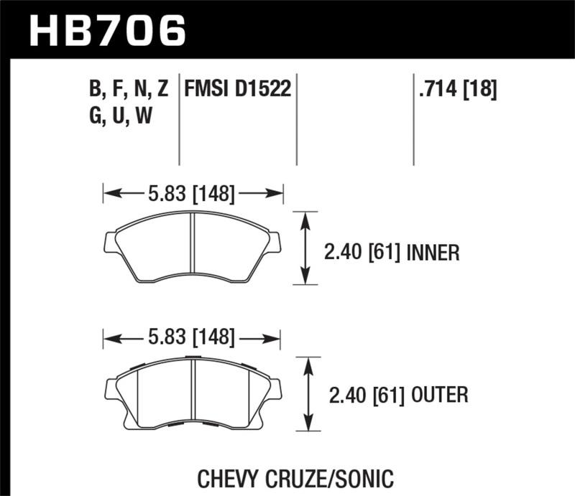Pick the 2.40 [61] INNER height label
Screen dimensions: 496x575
point(392,253)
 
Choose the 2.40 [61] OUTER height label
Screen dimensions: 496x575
point(396,394)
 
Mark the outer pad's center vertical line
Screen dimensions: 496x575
point(194,391)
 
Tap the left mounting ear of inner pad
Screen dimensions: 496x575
point(111,243)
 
